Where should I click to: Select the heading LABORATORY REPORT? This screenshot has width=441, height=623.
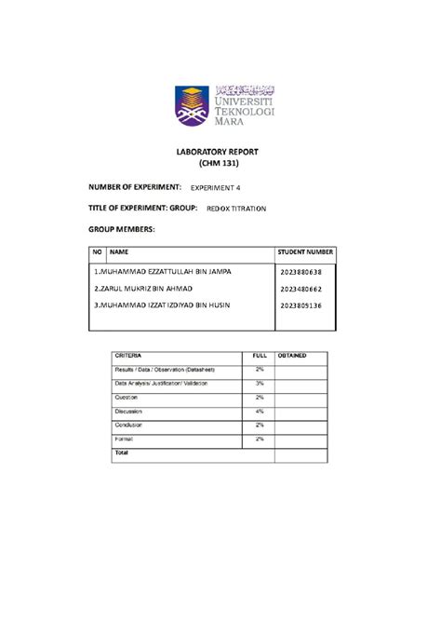pyautogui.click(x=219, y=151)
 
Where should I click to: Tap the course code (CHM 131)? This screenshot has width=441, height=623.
pyautogui.click(x=219, y=164)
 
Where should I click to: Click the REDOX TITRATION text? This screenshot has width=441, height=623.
pyautogui.click(x=236, y=210)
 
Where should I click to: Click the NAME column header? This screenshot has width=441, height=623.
pyautogui.click(x=119, y=252)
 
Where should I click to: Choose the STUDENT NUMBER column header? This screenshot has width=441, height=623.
pyautogui.click(x=305, y=252)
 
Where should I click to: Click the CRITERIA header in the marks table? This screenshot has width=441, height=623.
pyautogui.click(x=129, y=356)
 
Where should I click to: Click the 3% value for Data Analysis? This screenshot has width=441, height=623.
pyautogui.click(x=260, y=384)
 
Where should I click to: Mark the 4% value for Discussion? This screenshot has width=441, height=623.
pyautogui.click(x=260, y=411)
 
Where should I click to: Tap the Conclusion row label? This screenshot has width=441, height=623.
pyautogui.click(x=131, y=425)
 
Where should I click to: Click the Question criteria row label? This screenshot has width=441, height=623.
pyautogui.click(x=127, y=398)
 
